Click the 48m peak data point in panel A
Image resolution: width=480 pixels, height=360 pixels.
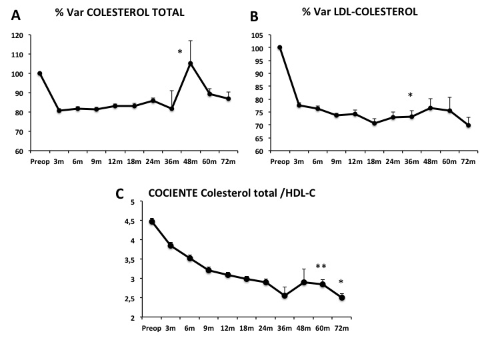(x=190, y=63)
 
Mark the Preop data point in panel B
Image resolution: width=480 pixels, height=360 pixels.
(x=280, y=47)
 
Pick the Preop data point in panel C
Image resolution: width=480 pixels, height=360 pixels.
(x=152, y=221)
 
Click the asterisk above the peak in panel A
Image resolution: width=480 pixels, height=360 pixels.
(x=180, y=52)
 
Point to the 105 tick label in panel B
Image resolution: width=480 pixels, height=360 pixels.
(x=255, y=35)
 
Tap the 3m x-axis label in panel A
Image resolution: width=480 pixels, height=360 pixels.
(x=59, y=162)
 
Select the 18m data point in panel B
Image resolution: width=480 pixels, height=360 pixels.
(x=375, y=123)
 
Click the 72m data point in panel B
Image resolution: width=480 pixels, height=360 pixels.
(x=469, y=125)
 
